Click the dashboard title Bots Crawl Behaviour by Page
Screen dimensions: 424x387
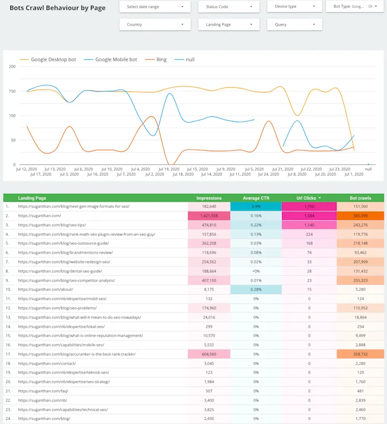57,8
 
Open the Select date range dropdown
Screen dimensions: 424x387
155,7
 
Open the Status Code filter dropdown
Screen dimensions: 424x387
229,7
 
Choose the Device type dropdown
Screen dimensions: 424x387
295,7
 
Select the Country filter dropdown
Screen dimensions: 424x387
155,24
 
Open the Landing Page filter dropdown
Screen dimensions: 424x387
229,24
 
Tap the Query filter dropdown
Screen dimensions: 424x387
295,24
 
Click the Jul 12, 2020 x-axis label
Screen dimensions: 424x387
26,169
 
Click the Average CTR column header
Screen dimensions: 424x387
256,198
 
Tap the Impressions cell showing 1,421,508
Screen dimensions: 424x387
209,216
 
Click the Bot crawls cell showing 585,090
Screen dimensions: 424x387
361,216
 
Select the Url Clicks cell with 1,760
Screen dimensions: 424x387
309,206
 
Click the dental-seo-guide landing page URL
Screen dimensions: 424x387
60,271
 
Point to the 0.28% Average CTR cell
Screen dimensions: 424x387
256,289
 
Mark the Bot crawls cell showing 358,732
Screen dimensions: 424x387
361,354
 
